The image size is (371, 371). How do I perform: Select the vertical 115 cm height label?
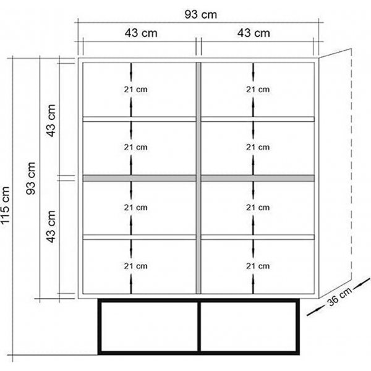click(8, 204)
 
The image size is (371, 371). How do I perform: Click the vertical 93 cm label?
click(32, 179)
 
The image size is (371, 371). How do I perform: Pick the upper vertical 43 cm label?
click(53, 120)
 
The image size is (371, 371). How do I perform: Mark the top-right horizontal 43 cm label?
click(254, 33)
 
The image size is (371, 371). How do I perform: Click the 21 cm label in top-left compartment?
click(135, 89)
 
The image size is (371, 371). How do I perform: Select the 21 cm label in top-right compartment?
click(257, 89)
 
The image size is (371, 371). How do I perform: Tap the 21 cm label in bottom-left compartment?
click(135, 266)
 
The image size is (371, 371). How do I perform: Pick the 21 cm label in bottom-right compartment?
click(257, 266)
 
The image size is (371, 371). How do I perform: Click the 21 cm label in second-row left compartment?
click(135, 147)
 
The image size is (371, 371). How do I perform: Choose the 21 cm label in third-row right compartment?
click(257, 207)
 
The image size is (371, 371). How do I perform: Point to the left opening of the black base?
click(148, 327)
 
